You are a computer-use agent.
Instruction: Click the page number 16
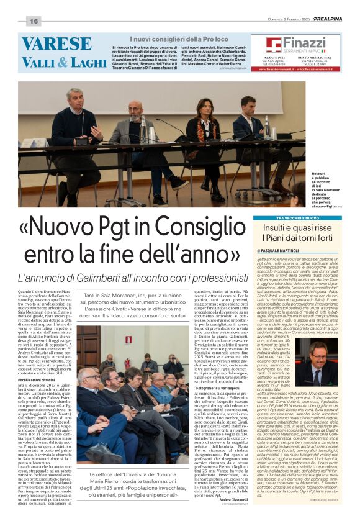pyautogui.click(x=34, y=21)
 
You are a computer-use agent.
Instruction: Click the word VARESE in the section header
pyautogui.click(x=56, y=43)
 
